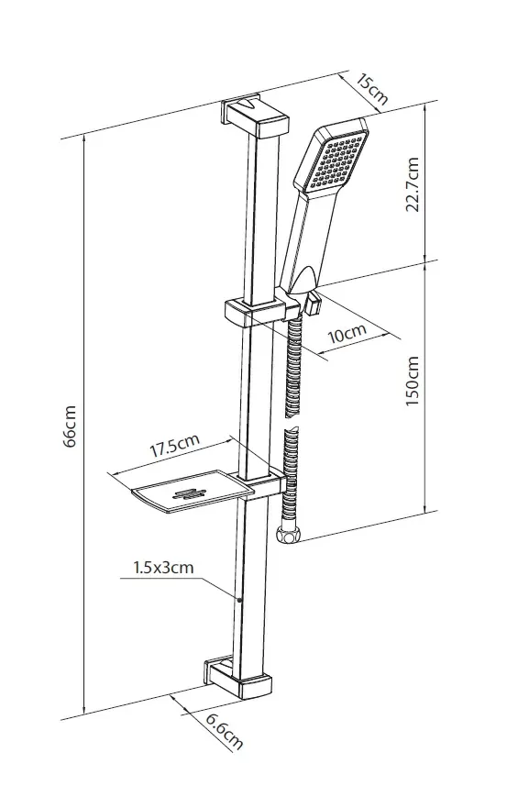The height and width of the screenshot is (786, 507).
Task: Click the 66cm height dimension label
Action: click(x=71, y=426)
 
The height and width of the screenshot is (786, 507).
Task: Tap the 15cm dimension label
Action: click(x=371, y=89)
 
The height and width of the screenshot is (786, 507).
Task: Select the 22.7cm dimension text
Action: click(x=412, y=184)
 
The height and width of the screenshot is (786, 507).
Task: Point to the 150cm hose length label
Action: click(x=412, y=381)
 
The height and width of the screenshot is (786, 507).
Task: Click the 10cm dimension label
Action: click(x=347, y=332)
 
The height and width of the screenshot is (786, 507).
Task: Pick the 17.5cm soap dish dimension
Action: click(x=175, y=444)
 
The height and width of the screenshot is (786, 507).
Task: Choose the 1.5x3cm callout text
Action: click(x=163, y=568)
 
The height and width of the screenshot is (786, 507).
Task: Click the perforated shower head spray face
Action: click(x=336, y=161)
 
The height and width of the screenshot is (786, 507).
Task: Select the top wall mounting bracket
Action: click(x=255, y=116)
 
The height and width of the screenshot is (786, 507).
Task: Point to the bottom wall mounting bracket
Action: click(x=238, y=677)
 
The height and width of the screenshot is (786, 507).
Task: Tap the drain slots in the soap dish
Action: click(x=189, y=494)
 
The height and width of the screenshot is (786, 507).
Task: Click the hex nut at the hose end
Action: click(x=289, y=535)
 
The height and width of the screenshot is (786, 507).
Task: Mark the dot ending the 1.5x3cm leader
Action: click(x=239, y=600)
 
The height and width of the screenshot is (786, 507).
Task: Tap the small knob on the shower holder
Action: click(x=314, y=304)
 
